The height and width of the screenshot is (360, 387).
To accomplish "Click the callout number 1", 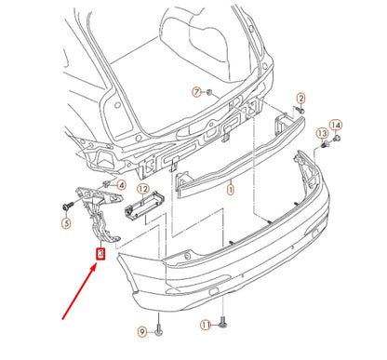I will tap(231, 186).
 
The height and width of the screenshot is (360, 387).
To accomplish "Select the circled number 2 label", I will tap(300, 98).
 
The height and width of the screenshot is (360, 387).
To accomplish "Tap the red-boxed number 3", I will tap(101, 251).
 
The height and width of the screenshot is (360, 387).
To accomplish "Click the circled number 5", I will tap(66, 223).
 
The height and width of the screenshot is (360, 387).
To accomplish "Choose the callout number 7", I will tap(196, 91).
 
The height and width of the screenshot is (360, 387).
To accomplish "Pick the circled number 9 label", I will tap(143, 331).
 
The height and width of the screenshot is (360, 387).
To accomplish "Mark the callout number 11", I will tap(206, 325).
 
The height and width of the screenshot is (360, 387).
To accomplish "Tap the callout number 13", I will tap(323, 133).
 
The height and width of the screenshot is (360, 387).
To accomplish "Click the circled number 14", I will tap(336, 125).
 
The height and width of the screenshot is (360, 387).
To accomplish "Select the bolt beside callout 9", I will tap(159, 327).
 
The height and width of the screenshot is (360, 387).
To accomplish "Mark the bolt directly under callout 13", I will tap(325, 147).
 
